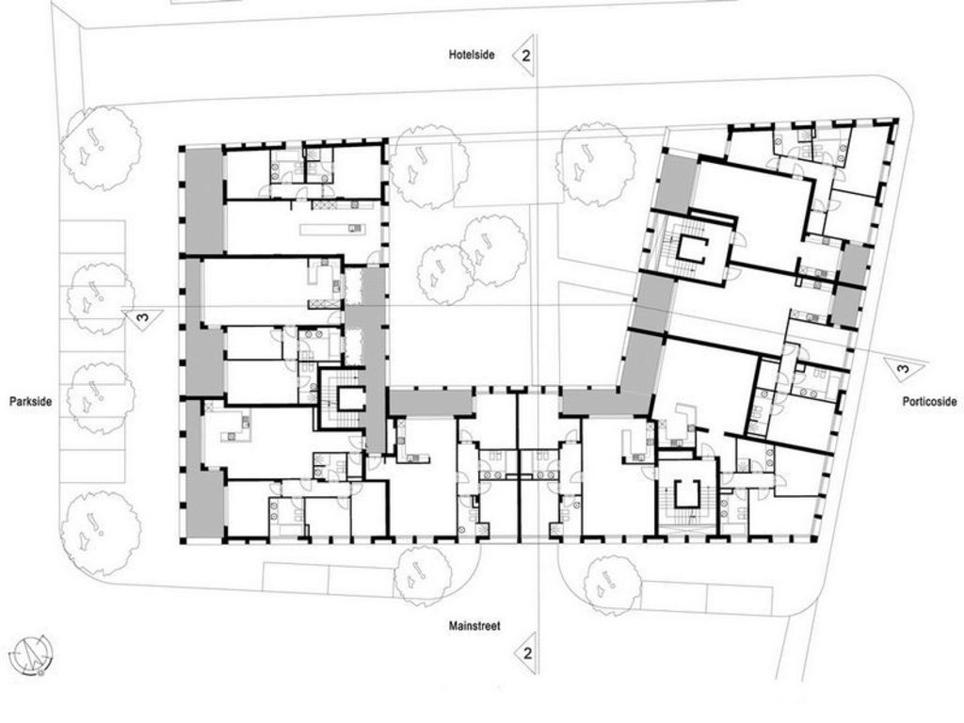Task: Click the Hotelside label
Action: (x=472, y=55)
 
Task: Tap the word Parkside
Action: (x=31, y=401)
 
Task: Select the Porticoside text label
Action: (x=929, y=401)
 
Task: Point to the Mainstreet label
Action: (x=474, y=626)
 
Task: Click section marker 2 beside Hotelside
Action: (x=524, y=56)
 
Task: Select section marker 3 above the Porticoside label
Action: (x=903, y=368)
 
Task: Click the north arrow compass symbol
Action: (x=33, y=654)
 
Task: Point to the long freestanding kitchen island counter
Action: (x=332, y=230)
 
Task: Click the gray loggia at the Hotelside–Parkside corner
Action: (x=204, y=201)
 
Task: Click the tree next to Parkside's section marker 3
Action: (x=101, y=297)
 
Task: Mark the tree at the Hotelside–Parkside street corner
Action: (x=101, y=148)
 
